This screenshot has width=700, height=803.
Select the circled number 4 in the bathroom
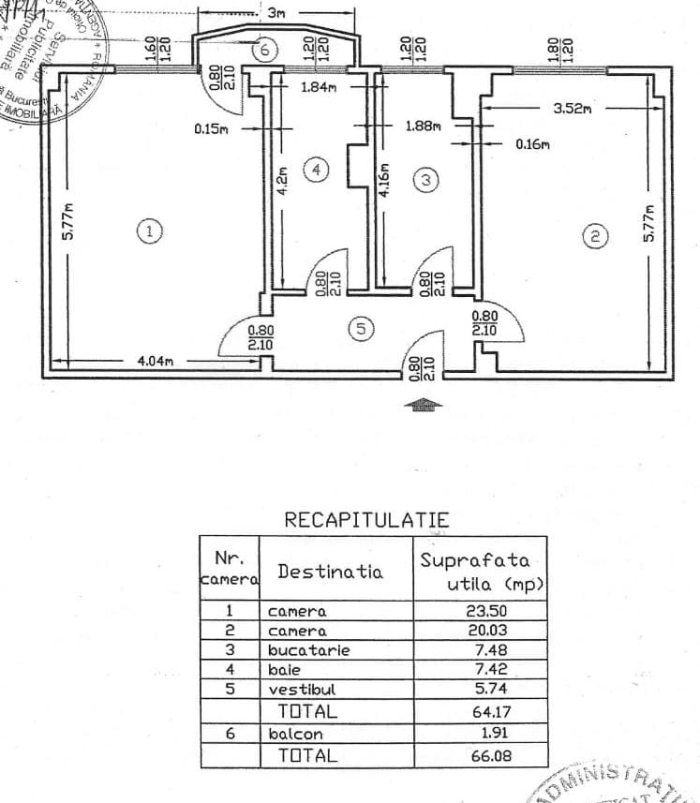coord(318,170)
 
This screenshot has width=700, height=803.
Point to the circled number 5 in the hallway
coord(361,329)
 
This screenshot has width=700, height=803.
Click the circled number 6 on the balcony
coord(265,49)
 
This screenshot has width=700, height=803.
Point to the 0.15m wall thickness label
coord(211,128)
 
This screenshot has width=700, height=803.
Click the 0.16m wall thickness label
coord(533,144)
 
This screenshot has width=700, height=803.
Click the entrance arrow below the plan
coord(424,405)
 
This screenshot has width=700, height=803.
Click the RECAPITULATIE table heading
coord(366,520)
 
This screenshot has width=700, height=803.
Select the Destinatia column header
coord(330,571)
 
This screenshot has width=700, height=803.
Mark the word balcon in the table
coord(295,735)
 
